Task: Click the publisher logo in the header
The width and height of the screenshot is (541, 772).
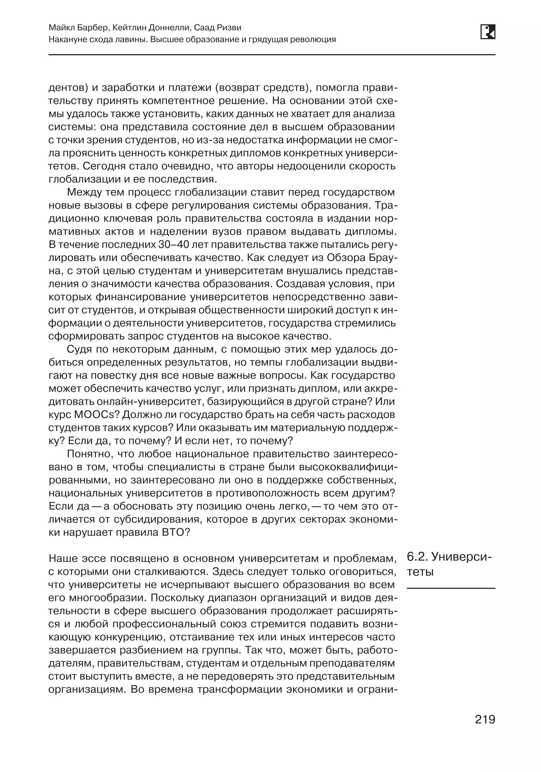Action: pyautogui.click(x=488, y=32)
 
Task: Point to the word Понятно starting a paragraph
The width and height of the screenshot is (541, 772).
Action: pyautogui.click(x=89, y=454)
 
